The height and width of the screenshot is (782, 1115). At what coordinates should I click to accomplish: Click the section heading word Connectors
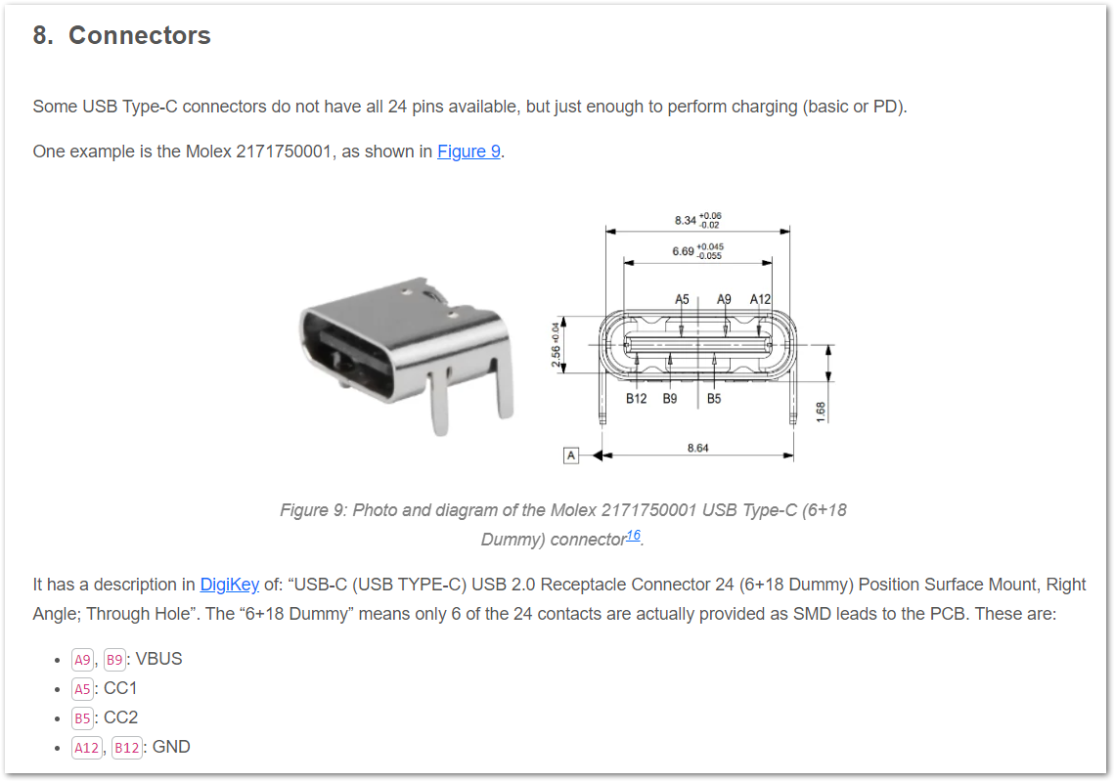click(139, 35)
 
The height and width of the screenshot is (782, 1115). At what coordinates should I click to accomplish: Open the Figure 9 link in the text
click(468, 152)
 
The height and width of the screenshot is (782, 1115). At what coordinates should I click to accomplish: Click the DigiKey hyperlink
click(229, 585)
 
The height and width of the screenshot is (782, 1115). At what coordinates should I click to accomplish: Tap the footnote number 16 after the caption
click(633, 536)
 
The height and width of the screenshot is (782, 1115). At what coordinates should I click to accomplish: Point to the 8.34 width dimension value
click(686, 220)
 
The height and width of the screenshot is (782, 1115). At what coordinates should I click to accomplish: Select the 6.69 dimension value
click(683, 251)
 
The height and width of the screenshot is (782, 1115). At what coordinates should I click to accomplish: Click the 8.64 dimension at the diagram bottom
click(697, 448)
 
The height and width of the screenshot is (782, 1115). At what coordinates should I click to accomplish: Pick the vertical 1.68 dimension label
click(821, 412)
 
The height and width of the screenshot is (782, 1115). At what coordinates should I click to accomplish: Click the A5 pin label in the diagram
click(682, 299)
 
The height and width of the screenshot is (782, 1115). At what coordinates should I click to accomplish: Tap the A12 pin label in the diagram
click(760, 299)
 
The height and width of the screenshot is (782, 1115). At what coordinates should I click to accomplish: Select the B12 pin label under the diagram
click(637, 399)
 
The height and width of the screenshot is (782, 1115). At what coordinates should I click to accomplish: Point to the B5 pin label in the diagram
click(714, 399)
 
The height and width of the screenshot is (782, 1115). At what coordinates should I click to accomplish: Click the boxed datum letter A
click(571, 455)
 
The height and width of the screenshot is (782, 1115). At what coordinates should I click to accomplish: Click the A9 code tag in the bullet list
click(82, 660)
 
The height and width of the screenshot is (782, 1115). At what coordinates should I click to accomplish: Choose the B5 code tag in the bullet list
click(82, 718)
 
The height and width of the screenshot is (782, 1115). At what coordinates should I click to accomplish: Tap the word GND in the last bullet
click(171, 747)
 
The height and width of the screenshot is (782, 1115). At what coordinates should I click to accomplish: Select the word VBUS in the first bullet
click(158, 659)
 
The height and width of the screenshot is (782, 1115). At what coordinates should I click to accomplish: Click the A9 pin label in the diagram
click(724, 299)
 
